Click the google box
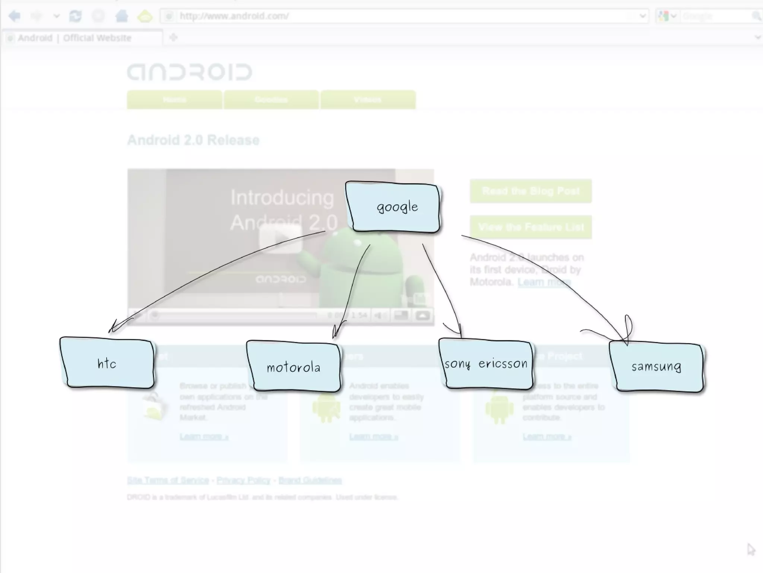tap(393, 207)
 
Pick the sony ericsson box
tap(486, 363)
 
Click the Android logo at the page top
tap(190, 72)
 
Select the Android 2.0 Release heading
tap(193, 140)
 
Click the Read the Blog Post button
tap(531, 191)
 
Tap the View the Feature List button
tap(531, 227)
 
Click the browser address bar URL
tap(234, 16)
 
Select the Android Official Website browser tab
tap(75, 38)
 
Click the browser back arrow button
tap(15, 16)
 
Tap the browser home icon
tap(121, 16)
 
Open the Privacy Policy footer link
tap(243, 480)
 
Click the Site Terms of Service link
tap(168, 480)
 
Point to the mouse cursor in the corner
tap(750, 550)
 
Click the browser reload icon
tap(75, 16)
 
